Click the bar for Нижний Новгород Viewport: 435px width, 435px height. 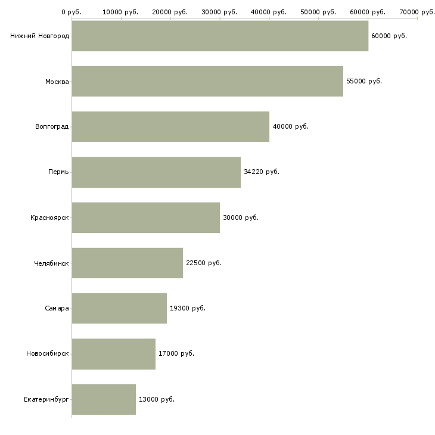(x=220, y=36)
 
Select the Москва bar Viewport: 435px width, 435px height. (x=207, y=81)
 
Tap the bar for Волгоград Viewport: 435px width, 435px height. (x=170, y=126)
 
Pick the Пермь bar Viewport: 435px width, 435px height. (x=156, y=172)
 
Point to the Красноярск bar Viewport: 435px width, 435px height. (x=146, y=218)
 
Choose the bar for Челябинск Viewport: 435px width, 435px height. (x=128, y=263)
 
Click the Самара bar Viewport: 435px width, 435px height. (x=119, y=308)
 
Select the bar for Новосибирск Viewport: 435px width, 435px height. (x=114, y=354)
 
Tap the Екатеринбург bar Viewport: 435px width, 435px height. (x=104, y=399)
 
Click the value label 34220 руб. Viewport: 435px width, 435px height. (x=262, y=172)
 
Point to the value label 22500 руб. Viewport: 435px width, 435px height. (x=204, y=263)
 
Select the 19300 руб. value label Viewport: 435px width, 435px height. (x=188, y=308)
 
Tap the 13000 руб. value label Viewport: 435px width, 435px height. (x=157, y=399)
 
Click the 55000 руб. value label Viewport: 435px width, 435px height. (x=364, y=81)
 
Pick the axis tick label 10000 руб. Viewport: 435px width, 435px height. (x=120, y=12)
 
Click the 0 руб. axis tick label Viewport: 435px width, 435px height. (x=72, y=12)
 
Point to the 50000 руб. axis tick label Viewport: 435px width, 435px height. (x=318, y=12)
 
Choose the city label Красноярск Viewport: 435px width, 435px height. (x=49, y=218)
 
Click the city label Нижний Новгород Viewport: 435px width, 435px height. (x=40, y=36)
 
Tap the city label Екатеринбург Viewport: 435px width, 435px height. (x=46, y=399)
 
